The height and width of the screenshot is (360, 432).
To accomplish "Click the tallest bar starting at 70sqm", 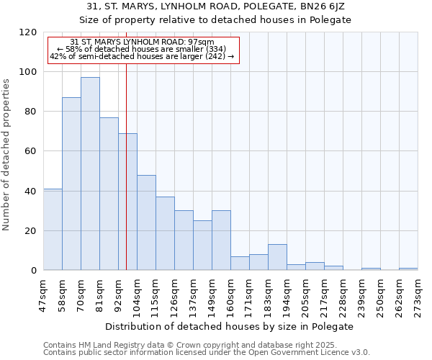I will click(x=90, y=174).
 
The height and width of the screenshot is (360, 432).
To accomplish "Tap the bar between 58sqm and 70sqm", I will click(x=71, y=184).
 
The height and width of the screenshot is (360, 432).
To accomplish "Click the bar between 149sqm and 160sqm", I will click(x=221, y=240).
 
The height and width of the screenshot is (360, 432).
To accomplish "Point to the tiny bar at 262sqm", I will click(x=408, y=269).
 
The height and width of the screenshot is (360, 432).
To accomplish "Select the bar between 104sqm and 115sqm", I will click(x=146, y=222).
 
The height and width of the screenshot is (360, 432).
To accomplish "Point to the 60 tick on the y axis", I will click(x=31, y=151).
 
